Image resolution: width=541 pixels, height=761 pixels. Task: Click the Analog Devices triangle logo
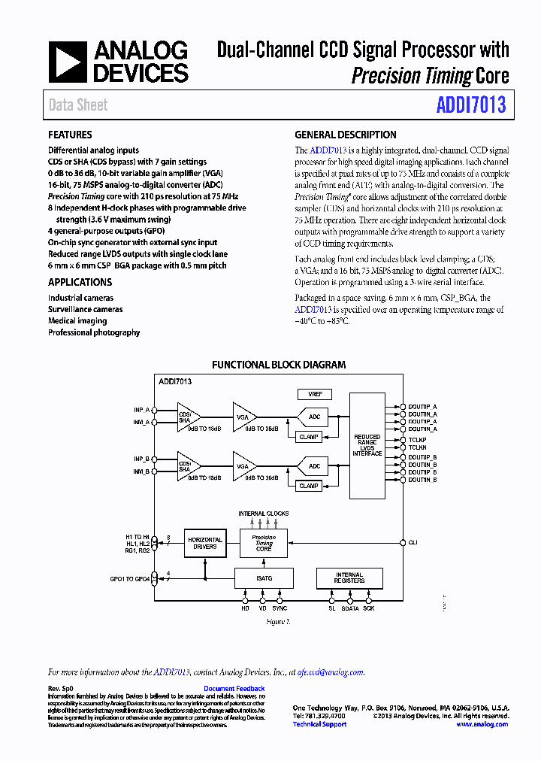tap(67, 62)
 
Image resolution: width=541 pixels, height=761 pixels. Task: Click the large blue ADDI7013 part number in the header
tap(471, 105)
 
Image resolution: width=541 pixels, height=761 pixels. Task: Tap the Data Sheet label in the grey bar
tap(78, 105)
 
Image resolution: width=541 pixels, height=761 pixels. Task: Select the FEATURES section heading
tap(70, 135)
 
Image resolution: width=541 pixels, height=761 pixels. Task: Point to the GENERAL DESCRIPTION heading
tap(345, 135)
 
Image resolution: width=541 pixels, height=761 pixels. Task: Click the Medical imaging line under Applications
tap(77, 321)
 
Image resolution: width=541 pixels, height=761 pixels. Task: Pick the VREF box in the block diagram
tap(314, 394)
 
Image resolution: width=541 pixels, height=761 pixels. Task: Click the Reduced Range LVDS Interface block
tap(367, 444)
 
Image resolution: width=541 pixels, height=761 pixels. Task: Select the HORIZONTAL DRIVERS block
tap(204, 543)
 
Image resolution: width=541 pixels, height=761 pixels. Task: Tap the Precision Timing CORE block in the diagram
tap(264, 543)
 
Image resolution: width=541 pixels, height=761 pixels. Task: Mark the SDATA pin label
tap(350, 608)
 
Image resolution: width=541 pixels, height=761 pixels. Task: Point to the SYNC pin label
tap(280, 608)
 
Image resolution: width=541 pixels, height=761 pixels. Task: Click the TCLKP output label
tap(417, 439)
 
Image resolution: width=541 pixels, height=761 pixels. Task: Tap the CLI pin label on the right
tap(413, 542)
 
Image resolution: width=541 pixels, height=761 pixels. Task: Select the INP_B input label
tap(141, 459)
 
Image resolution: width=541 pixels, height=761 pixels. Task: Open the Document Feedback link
tap(234, 689)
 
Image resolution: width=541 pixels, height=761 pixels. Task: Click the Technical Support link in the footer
tap(319, 724)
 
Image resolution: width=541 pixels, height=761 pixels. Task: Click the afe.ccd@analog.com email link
tap(331, 672)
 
